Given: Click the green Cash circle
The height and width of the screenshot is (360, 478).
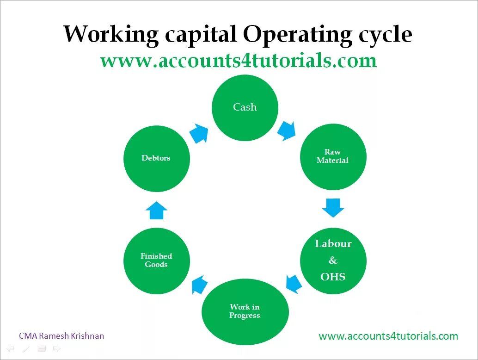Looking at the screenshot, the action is click(245, 107).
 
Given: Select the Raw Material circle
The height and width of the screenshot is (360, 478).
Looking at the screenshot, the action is click(333, 156).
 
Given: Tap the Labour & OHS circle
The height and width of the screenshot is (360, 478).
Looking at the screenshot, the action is click(333, 261).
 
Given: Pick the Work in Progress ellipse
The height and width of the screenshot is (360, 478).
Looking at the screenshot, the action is click(245, 311).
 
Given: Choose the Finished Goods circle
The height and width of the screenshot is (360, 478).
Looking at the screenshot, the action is click(156, 261).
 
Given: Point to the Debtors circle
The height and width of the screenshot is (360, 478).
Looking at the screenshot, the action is click(156, 158).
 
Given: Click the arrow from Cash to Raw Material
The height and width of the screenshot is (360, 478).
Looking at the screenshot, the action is click(287, 130).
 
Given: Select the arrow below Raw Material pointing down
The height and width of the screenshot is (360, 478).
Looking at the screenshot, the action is click(333, 207).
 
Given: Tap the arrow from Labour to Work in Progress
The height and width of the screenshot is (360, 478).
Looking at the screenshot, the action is click(294, 283).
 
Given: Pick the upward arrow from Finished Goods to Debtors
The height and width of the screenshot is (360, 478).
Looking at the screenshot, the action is click(156, 211).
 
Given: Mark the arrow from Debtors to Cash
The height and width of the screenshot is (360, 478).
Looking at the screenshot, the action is click(199, 133).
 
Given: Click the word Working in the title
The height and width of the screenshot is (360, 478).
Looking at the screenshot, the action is click(110, 35).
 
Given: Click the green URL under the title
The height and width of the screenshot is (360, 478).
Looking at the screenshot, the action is click(238, 61).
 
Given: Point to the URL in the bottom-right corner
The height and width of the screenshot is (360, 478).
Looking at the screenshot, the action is click(388, 336).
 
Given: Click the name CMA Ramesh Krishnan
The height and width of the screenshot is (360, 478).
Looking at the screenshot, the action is click(61, 336).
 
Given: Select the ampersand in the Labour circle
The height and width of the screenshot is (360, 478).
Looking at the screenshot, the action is click(333, 261).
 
